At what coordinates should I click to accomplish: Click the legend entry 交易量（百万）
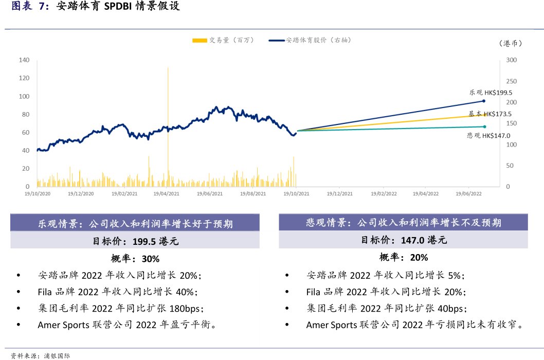tap(223, 40)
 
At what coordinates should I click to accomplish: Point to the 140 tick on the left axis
tap(24, 60)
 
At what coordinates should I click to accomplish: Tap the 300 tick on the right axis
tap(511, 60)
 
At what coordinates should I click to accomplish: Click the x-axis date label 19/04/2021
tap(167, 194)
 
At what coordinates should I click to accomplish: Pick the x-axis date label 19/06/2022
tap(469, 194)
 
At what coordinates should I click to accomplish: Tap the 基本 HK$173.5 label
tap(490, 114)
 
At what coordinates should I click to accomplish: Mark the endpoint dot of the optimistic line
tap(484, 101)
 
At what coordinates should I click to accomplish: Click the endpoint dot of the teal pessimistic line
tap(484, 127)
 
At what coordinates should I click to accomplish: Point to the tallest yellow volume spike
tap(168, 103)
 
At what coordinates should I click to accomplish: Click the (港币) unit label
tap(510, 44)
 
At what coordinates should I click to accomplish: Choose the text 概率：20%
tap(404, 257)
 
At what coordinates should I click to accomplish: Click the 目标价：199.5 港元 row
tap(135, 241)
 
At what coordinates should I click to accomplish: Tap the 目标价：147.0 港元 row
tap(404, 240)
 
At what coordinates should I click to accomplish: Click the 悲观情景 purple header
tap(404, 223)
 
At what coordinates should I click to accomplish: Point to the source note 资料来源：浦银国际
tap(41, 355)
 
